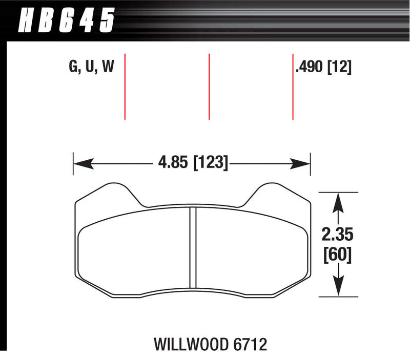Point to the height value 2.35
pos(337,235)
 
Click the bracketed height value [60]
pos(337,255)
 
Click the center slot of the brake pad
pos(193,248)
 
